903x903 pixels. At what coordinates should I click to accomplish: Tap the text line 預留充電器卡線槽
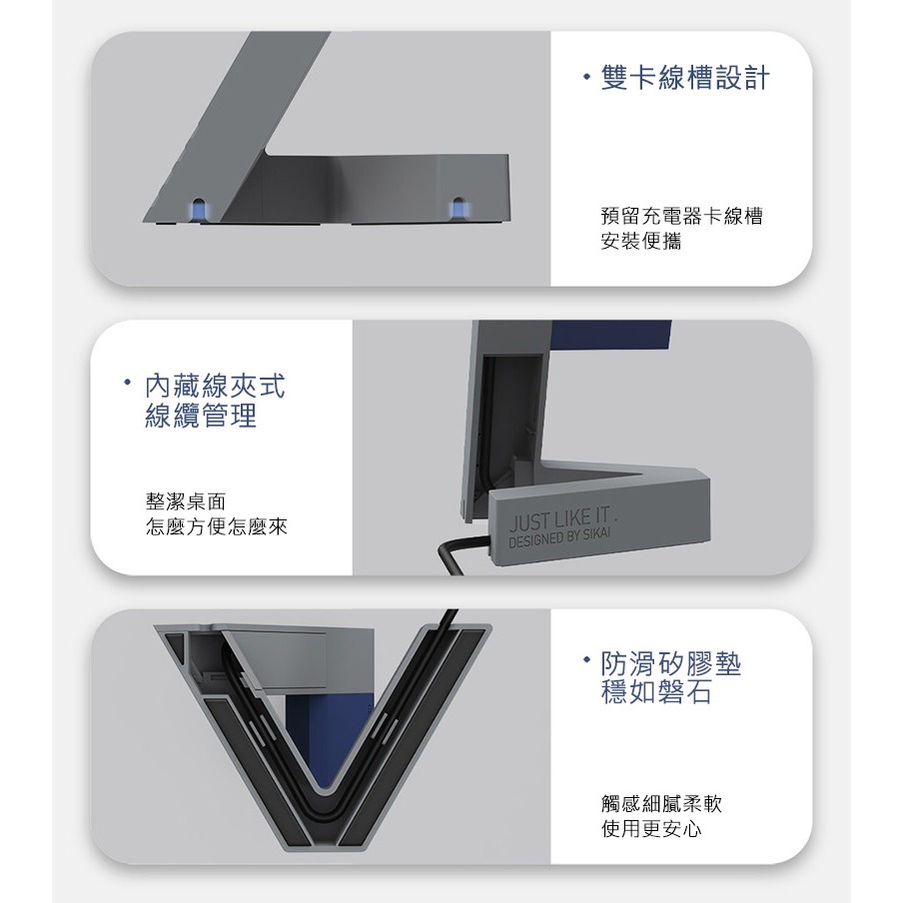681,217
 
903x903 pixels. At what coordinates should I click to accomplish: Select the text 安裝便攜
641,242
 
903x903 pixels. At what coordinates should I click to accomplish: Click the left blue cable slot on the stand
200,208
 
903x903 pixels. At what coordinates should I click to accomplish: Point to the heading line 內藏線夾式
221,386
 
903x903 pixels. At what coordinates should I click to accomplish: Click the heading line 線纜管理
201,416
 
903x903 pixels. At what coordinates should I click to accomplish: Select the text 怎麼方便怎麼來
216,525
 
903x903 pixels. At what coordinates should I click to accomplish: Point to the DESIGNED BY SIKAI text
564,540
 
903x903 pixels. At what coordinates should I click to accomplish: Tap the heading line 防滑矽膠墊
672,664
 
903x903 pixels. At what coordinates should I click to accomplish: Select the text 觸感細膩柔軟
661,803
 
